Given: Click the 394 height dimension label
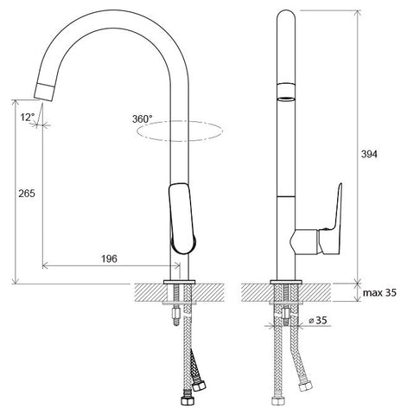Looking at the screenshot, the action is (x=369, y=155).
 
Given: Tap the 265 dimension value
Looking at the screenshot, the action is (x=27, y=194).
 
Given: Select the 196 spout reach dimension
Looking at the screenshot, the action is (x=110, y=259).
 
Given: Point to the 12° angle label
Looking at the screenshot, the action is (x=28, y=118).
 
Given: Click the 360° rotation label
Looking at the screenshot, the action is (x=143, y=118).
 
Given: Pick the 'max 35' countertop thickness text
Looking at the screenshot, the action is (x=379, y=293).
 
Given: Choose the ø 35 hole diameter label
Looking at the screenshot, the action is (x=318, y=320).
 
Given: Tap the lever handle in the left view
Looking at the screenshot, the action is (x=182, y=218).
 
